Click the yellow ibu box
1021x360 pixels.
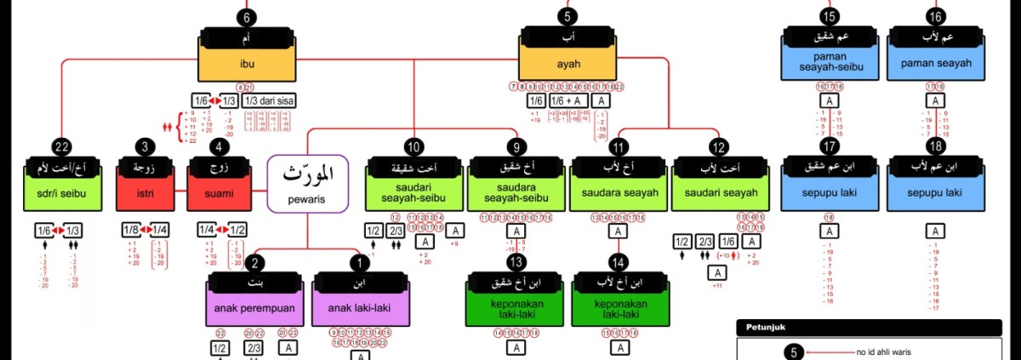(248, 62)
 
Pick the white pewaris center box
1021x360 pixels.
(307, 184)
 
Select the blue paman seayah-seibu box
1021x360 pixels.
(830, 62)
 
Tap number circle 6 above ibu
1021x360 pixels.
(247, 16)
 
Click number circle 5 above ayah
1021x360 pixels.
(569, 16)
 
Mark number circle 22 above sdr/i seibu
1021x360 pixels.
(60, 146)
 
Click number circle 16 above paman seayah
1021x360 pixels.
(936, 16)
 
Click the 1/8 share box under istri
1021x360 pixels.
(130, 230)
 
